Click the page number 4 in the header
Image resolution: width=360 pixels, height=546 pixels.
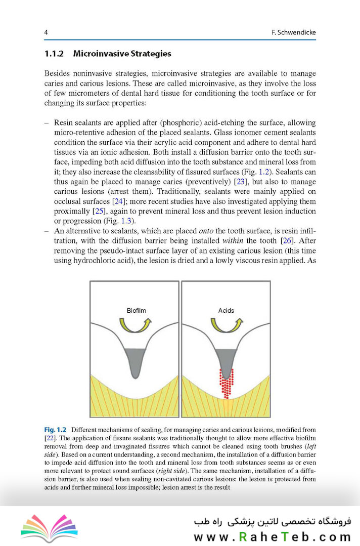click(46, 32)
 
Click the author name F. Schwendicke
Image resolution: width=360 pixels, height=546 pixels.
click(293, 32)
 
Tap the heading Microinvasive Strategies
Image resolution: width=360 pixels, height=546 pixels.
click(122, 53)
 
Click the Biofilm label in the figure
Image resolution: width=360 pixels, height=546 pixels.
click(137, 310)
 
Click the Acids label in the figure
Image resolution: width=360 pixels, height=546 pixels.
click(226, 310)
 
